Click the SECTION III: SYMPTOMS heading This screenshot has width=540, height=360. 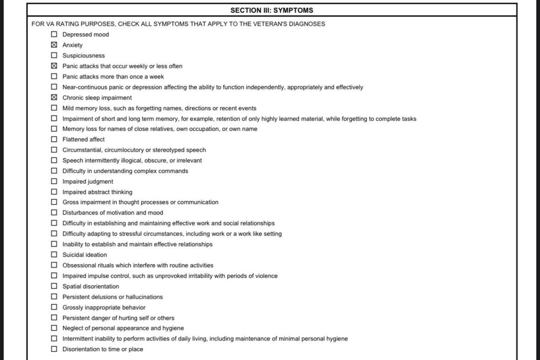(271, 10)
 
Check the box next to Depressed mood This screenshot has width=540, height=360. (54, 34)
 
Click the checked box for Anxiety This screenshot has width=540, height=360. (54, 45)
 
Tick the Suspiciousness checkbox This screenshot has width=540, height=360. (54, 55)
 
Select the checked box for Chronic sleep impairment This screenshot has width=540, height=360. (54, 97)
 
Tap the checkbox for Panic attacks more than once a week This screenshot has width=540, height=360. (54, 76)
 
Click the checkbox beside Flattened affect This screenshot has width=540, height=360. (54, 139)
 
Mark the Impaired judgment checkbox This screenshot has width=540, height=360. (54, 181)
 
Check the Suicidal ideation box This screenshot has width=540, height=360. (54, 255)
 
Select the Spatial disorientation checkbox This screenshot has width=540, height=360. (54, 286)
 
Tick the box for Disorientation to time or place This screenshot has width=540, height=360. (54, 349)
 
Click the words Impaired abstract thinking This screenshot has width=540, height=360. (97, 192)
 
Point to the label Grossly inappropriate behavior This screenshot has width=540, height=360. (104, 307)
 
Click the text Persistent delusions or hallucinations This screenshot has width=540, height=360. (112, 297)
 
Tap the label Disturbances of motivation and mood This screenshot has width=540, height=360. (112, 213)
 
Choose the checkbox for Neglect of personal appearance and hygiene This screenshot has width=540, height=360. (54, 328)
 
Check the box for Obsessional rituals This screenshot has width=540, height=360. (54, 265)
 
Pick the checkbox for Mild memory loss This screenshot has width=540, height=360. (54, 108)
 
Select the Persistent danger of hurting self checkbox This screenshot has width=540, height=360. (54, 318)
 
